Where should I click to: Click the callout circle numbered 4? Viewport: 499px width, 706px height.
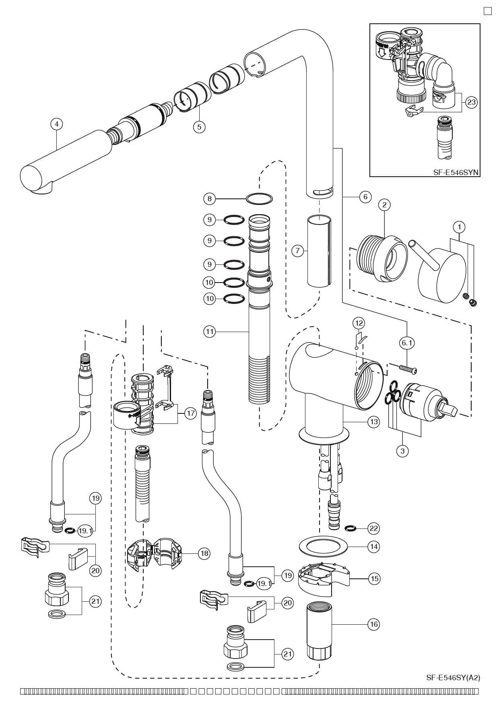pyautogui.click(x=57, y=124)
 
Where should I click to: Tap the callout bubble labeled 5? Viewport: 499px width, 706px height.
pyautogui.click(x=199, y=127)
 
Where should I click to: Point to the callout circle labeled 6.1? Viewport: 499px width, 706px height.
pyautogui.click(x=406, y=343)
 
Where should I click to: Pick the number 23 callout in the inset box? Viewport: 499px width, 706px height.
pyautogui.click(x=471, y=102)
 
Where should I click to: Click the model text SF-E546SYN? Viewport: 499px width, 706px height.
pyautogui.click(x=456, y=172)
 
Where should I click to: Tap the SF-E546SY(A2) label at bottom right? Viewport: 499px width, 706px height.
pyautogui.click(x=453, y=677)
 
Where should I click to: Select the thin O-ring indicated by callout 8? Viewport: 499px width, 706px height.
pyautogui.click(x=259, y=198)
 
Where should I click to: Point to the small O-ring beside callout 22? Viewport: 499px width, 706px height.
pyautogui.click(x=351, y=528)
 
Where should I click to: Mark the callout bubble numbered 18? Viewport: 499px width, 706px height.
pyautogui.click(x=204, y=553)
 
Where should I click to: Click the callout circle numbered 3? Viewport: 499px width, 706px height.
pyautogui.click(x=402, y=451)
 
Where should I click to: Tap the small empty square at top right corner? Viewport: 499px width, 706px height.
pyautogui.click(x=487, y=11)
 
